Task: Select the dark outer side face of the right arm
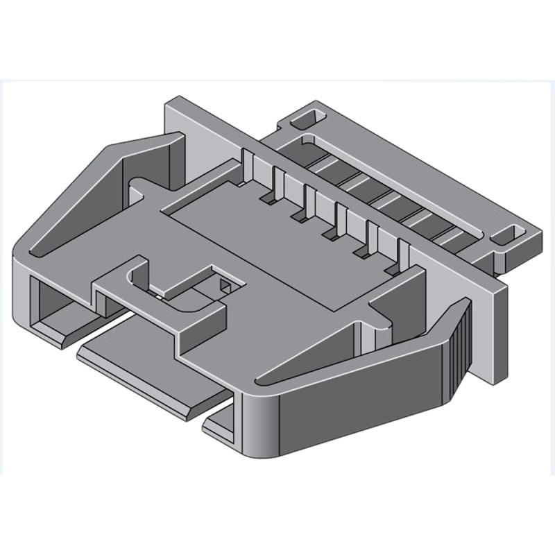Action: point(361,416)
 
